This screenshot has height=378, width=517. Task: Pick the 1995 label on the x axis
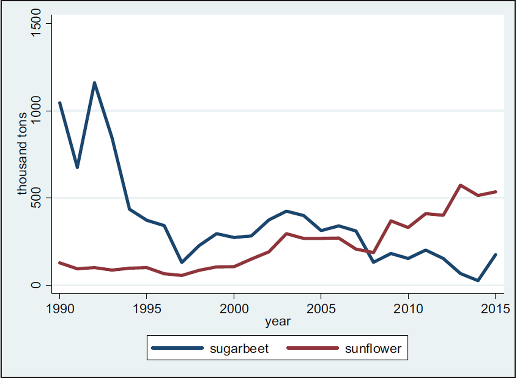tap(147, 309)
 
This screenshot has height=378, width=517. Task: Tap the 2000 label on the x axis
tap(234, 309)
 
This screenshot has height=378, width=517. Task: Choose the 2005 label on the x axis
tap(321, 309)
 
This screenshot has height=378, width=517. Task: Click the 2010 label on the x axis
tap(408, 309)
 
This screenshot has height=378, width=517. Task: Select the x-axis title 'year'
tap(277, 321)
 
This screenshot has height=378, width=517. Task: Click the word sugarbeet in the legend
tap(239, 348)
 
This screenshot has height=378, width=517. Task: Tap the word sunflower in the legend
tap(373, 348)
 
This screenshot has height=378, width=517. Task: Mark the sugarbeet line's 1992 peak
tap(94, 83)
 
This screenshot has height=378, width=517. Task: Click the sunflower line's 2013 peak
tap(461, 185)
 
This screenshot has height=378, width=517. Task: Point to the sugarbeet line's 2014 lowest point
tap(478, 280)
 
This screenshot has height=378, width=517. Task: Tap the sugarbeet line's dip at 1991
tap(77, 167)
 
